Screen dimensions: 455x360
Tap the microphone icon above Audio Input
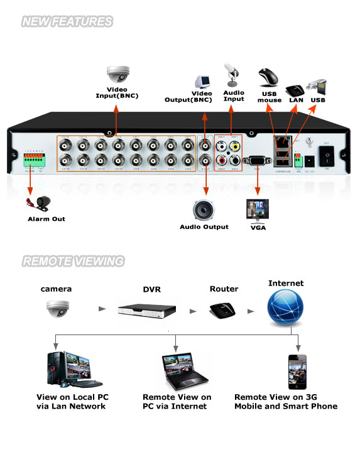coord(231,75)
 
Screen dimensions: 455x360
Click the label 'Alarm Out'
coord(46,219)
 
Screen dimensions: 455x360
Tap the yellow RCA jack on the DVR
coord(234,146)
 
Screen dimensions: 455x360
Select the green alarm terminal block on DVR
coord(35,161)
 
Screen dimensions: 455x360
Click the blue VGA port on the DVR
coord(256,161)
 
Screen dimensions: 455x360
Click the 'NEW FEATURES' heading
coord(67,22)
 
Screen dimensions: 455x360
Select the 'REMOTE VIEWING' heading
coord(73,261)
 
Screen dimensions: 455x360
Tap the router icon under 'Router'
coord(223,309)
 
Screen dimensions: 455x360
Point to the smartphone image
coord(297,373)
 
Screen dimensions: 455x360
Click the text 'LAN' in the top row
coord(297,100)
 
